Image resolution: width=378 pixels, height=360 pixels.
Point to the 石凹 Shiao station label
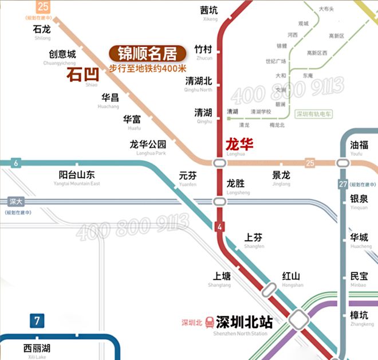tap(82, 76)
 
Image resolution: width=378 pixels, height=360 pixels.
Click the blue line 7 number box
tap(37, 320)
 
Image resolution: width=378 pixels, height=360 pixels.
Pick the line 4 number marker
tap(219, 226)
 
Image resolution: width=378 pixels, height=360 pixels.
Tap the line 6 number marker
tap(15, 163)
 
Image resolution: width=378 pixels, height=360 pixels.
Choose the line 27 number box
tap(343, 184)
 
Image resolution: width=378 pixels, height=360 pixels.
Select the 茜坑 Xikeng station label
tap(210, 13)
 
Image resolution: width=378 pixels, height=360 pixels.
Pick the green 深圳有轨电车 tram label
tap(314, 115)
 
